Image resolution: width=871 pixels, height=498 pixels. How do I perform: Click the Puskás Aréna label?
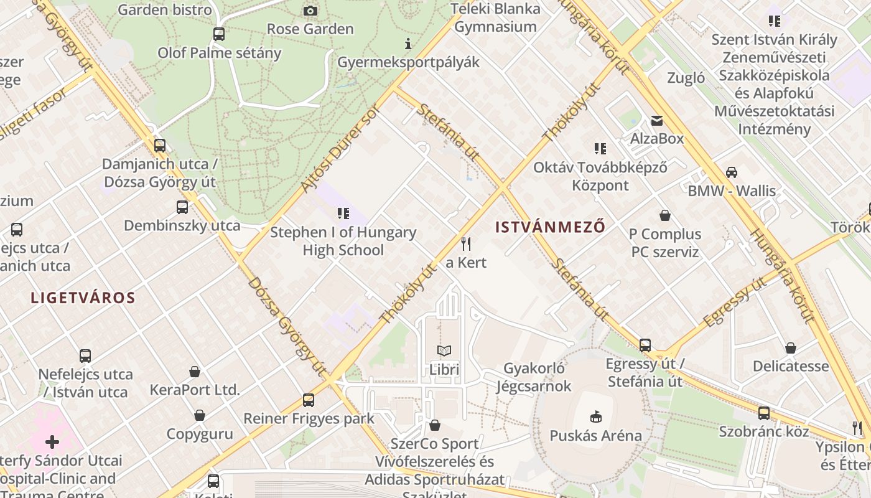[595, 435]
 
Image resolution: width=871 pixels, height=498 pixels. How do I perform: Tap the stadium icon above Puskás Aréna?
[595, 416]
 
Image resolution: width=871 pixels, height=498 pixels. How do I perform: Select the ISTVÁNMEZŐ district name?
[550, 227]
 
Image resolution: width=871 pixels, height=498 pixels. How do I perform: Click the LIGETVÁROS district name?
[83, 298]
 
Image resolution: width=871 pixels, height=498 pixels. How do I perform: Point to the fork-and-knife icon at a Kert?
[466, 243]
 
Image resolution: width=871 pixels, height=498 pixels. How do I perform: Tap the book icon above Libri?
[444, 351]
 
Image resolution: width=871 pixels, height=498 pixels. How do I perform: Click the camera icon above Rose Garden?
[310, 11]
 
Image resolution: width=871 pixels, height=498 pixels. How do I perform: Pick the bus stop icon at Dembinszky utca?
[182, 207]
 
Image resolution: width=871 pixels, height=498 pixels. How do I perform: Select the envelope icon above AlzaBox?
[656, 121]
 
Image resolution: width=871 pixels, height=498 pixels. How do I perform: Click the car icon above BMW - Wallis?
[731, 172]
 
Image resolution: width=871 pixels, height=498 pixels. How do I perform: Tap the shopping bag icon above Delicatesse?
[790, 347]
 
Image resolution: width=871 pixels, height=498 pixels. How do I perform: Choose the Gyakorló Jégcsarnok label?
[534, 377]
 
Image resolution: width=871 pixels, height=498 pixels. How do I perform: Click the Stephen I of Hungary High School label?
[343, 241]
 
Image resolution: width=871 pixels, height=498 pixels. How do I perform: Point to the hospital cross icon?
[52, 442]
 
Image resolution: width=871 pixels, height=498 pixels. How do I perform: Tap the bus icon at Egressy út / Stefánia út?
[645, 345]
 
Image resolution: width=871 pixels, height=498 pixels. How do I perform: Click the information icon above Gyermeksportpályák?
[408, 44]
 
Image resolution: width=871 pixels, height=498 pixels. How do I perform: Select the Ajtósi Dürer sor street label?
[339, 150]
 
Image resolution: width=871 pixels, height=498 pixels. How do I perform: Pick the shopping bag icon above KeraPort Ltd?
[195, 372]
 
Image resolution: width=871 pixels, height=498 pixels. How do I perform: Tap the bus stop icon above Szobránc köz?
[763, 413]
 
